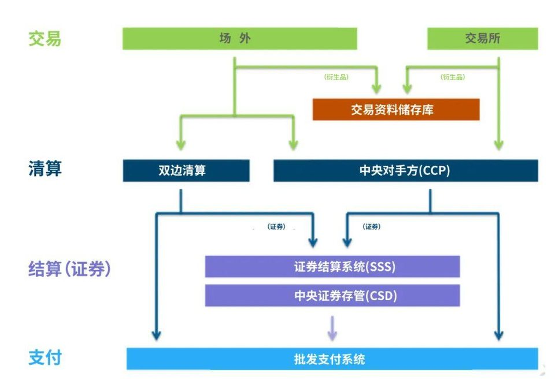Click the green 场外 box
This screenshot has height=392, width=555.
pos(239,39)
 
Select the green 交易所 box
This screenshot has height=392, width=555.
pos(482,39)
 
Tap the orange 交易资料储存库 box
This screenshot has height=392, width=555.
pos(395,110)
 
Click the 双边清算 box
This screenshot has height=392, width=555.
pos(186,171)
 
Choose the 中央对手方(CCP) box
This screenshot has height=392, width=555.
pos(405,171)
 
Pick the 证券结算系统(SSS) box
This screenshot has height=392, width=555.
pos(332,267)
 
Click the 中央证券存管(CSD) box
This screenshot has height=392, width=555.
pos(332,296)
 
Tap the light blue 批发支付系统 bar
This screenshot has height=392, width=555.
pos(332,359)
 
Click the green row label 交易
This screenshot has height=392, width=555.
pos(45,39)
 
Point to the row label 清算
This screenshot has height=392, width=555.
pos(45,169)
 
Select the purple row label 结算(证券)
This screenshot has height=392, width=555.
pos(69,269)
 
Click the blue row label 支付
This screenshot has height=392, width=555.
pos(45,358)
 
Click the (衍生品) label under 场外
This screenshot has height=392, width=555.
pos(336,77)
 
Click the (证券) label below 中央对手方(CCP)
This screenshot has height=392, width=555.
pos(371,227)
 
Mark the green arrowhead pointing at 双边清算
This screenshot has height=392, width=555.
pos(180,145)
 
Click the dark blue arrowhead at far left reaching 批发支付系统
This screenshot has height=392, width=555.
pos(156,334)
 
